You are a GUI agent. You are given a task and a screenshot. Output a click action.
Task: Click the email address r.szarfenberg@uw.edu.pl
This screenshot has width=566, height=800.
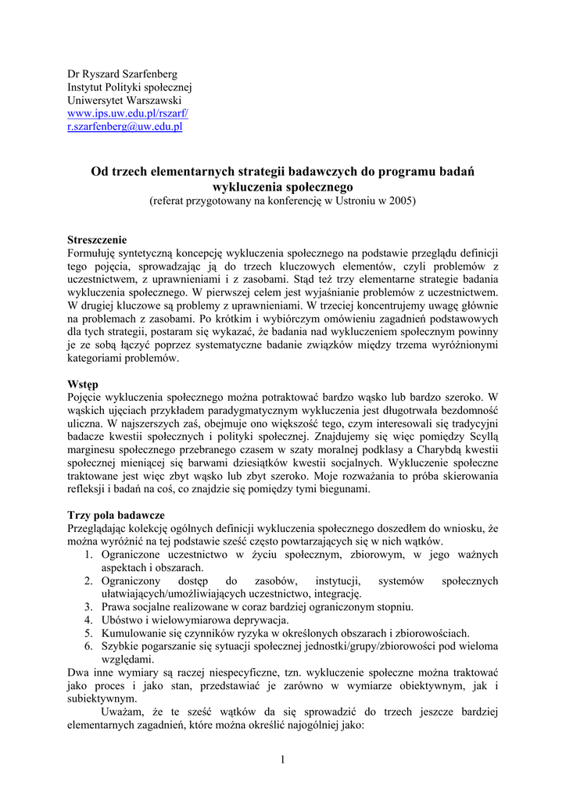point(124,127)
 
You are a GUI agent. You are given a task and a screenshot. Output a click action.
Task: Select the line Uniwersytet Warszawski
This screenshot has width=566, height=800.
point(124,101)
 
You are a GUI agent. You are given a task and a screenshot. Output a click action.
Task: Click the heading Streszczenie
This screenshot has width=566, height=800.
point(97,240)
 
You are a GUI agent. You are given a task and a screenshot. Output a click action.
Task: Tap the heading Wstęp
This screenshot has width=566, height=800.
point(83,384)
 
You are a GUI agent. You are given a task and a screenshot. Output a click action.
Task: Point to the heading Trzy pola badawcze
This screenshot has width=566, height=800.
point(116,516)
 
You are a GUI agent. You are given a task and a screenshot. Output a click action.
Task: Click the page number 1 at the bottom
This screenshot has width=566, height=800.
point(283,761)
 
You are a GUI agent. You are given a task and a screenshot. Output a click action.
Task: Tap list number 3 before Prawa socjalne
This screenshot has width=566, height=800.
point(89,607)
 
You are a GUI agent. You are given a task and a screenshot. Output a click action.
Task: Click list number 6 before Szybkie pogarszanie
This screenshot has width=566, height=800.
point(89,647)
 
